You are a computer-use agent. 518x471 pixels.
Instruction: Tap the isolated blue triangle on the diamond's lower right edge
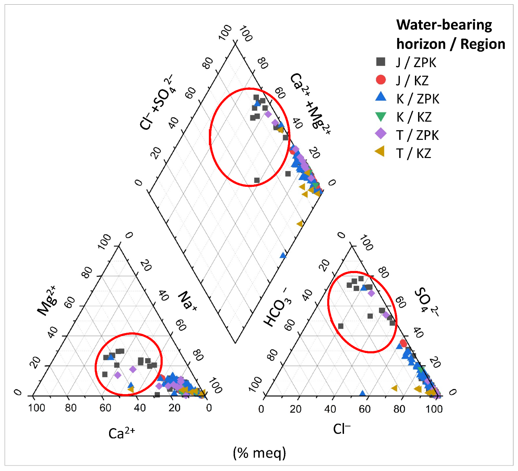tap(283, 255)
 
